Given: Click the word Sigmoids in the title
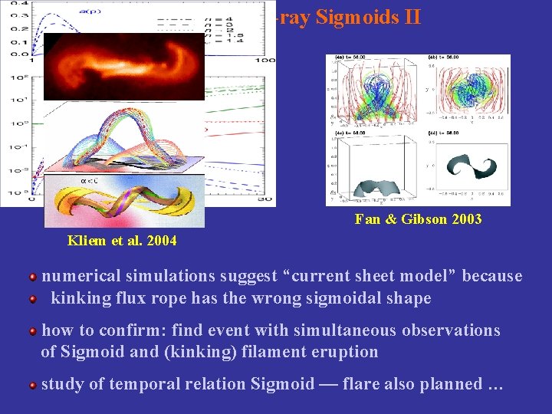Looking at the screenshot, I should click(x=353, y=17).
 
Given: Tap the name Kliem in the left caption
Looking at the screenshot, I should click(x=84, y=241).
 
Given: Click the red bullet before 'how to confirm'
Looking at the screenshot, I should click(x=33, y=331).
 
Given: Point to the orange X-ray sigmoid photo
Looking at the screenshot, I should click(x=124, y=67).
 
